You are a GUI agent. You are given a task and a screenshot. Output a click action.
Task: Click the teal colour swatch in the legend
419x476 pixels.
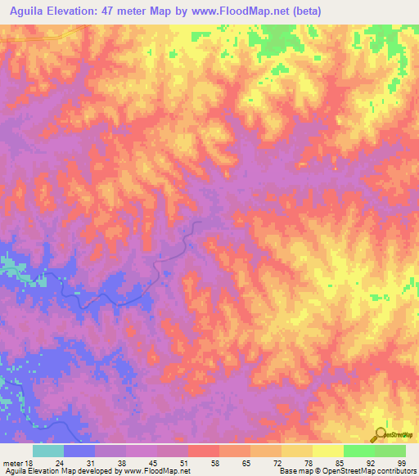click(x=48, y=451)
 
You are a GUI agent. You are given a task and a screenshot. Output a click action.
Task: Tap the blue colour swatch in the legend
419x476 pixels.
click(x=79, y=451)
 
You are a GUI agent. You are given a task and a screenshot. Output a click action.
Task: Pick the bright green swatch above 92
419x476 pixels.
click(x=358, y=451)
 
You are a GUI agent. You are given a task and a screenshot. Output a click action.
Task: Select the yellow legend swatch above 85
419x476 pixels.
click(x=327, y=451)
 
